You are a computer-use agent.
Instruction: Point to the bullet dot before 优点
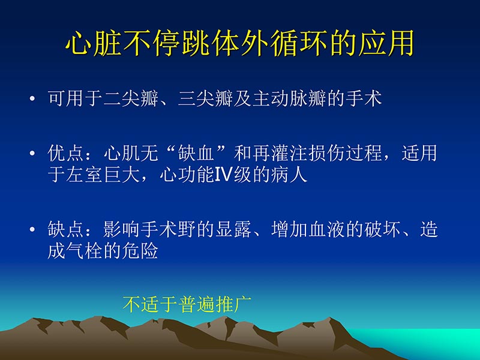click(32, 154)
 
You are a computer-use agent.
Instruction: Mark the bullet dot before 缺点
click(32, 230)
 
